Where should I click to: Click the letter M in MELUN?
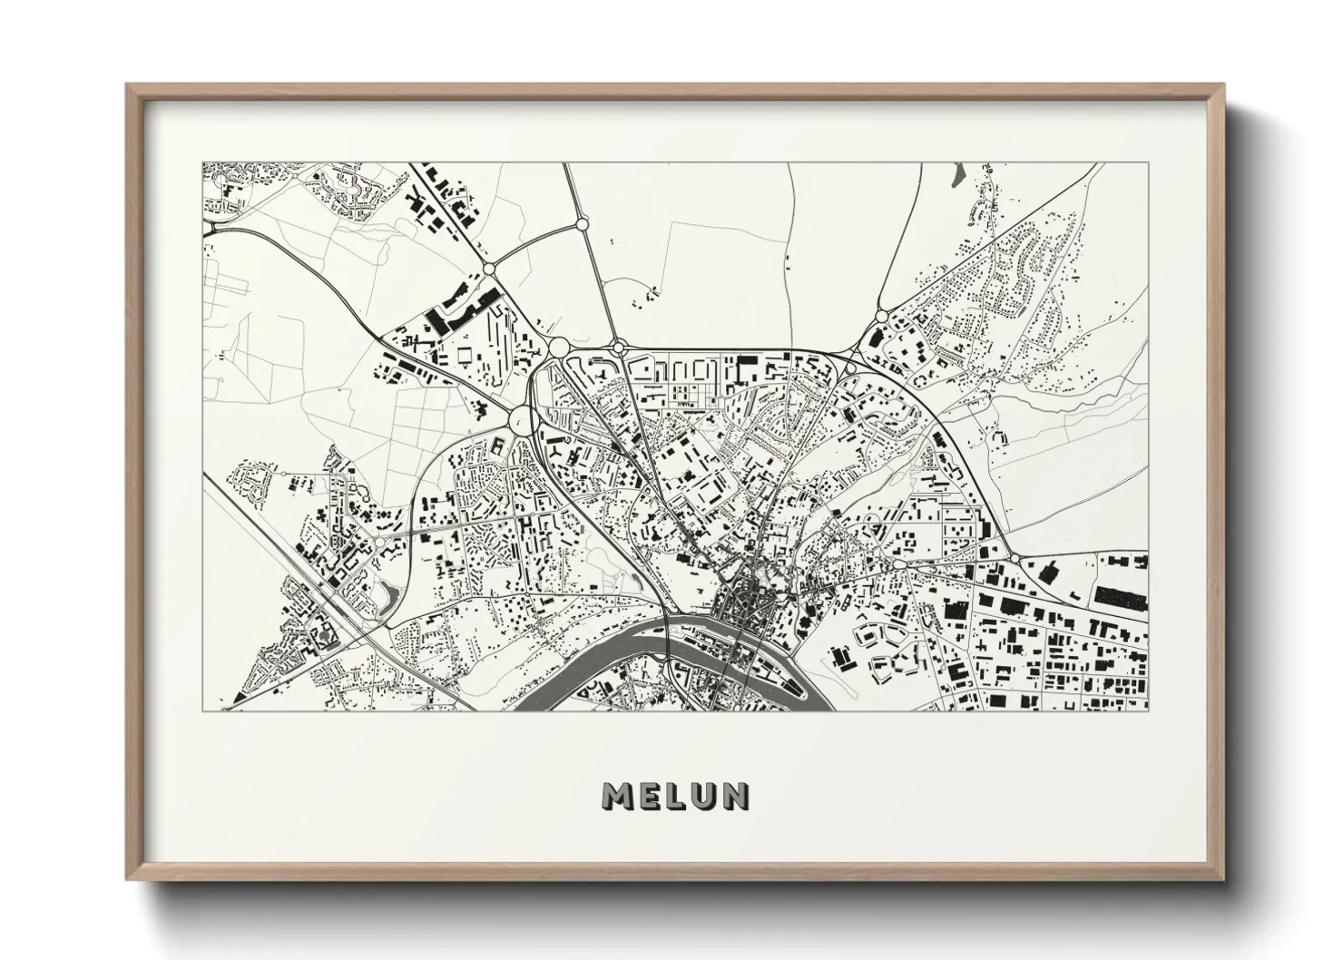click(620, 796)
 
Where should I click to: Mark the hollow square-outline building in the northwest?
click(465, 353)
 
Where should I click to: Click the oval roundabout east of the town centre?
click(898, 564)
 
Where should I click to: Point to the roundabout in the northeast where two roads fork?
click(881, 316)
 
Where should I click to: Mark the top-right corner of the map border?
click(1148, 163)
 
